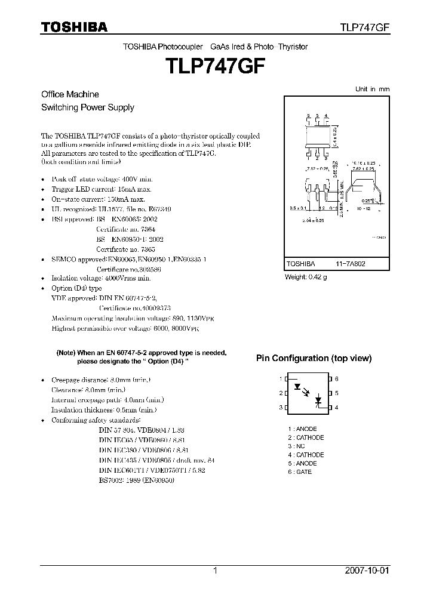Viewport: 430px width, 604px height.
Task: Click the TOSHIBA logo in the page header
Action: click(x=74, y=27)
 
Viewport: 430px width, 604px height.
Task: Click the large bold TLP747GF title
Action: click(x=214, y=66)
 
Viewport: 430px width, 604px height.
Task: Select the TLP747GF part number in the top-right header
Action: click(x=365, y=27)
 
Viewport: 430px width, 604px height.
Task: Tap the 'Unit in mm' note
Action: click(x=372, y=89)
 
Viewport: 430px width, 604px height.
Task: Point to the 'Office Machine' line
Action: click(x=70, y=94)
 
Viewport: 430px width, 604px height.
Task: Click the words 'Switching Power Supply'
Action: click(x=87, y=108)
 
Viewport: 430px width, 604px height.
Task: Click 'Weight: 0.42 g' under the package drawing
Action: click(x=305, y=276)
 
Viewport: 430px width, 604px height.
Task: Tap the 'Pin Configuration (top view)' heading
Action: click(x=314, y=358)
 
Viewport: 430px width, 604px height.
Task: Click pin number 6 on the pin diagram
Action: click(x=337, y=379)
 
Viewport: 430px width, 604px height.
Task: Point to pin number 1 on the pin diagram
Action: click(x=280, y=379)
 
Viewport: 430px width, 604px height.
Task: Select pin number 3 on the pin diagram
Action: click(x=280, y=407)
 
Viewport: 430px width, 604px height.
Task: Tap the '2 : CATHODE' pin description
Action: click(x=305, y=437)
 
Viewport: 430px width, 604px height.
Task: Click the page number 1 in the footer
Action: click(x=214, y=571)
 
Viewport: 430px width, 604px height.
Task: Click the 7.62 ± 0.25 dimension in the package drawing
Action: click(x=363, y=169)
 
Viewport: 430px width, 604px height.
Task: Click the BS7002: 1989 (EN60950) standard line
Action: click(x=136, y=480)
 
